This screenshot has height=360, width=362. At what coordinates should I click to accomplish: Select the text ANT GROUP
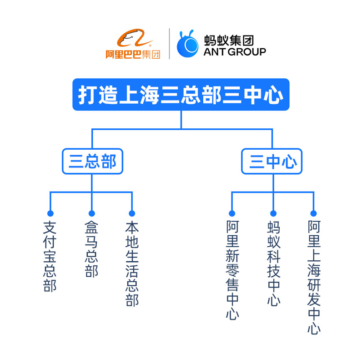[235, 52]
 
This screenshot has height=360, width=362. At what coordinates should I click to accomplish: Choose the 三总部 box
[92, 161]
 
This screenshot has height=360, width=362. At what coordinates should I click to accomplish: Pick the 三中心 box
[271, 161]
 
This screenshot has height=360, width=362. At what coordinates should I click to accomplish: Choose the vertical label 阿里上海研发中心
[313, 277]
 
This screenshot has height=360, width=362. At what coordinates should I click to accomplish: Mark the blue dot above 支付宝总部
[50, 213]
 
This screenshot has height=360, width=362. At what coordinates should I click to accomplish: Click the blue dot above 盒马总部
[91, 213]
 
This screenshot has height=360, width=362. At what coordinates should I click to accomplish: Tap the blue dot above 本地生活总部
[132, 213]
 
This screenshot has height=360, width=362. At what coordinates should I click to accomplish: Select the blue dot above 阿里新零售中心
[232, 213]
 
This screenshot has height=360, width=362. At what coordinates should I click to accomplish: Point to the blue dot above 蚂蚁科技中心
[273, 213]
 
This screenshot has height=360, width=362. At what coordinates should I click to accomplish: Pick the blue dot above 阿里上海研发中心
[313, 213]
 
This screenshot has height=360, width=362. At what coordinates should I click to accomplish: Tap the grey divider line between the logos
[170, 44]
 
